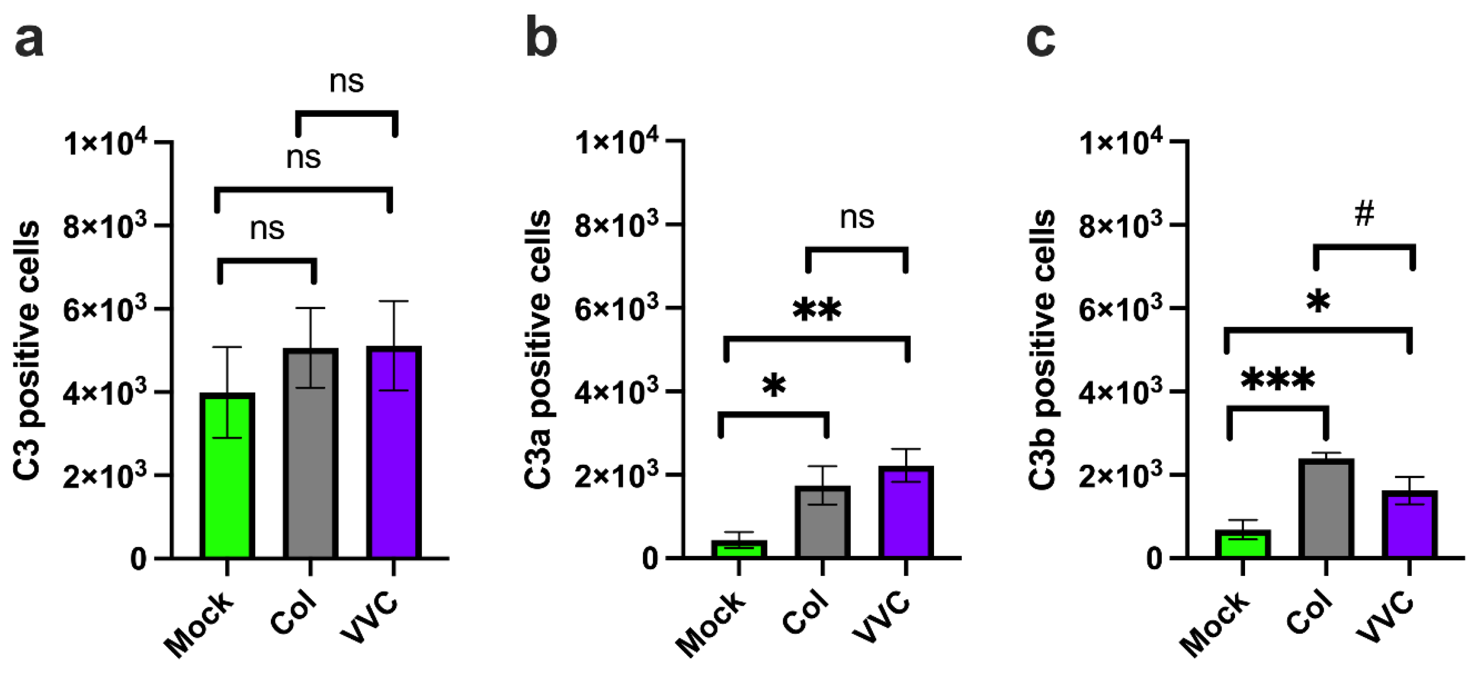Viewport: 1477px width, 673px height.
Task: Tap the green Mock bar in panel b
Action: click(x=739, y=549)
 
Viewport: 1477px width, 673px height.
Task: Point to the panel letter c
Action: click(x=1041, y=40)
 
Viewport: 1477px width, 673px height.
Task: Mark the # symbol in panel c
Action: click(x=1365, y=214)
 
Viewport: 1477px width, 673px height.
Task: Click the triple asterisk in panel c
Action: click(x=1278, y=380)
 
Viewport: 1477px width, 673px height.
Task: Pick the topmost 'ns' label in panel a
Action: click(x=347, y=82)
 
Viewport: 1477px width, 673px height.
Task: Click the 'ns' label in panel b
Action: click(x=857, y=218)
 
